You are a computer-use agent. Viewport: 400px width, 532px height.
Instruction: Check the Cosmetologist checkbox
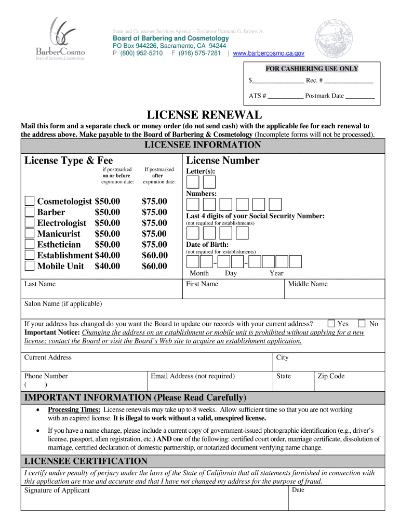coord(30,202)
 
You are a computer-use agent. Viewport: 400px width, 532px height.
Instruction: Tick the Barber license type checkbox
coord(30,212)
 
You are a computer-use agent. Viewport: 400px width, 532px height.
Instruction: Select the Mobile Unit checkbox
coord(30,267)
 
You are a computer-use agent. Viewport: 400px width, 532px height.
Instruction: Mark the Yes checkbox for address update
coord(331,324)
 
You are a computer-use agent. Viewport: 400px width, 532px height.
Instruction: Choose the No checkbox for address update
coord(362,324)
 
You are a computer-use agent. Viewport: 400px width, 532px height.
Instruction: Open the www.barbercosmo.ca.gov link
coord(269,53)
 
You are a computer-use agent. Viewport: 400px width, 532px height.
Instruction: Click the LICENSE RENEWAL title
coord(204,114)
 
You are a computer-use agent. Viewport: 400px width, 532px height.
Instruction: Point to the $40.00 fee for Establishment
coord(107,256)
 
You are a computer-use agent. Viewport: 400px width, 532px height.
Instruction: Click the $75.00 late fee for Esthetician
coord(154,245)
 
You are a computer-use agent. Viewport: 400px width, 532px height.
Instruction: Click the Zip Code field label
coord(331,376)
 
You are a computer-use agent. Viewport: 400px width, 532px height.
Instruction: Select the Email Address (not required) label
coord(192,376)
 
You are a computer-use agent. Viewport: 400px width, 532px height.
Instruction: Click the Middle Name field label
coord(308,284)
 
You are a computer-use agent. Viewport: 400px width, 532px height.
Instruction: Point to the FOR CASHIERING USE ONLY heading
coord(312,69)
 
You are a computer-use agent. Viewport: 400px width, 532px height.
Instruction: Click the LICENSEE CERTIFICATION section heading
coord(86,461)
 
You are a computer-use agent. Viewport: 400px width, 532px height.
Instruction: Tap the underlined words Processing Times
coord(74,410)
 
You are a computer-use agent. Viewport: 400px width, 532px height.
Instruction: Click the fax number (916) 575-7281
coord(199,53)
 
